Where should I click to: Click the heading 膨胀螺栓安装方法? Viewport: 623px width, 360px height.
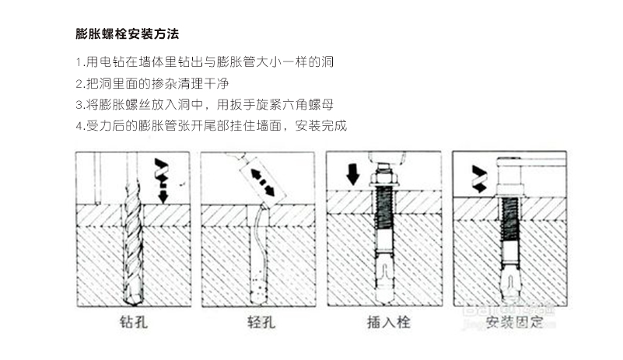pos(128,34)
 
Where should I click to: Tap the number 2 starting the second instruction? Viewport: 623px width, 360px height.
pos(79,82)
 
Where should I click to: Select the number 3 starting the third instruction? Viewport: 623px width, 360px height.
pos(79,103)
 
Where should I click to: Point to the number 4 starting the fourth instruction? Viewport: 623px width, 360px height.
pos(79,124)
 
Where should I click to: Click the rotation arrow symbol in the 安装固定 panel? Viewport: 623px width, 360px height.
pos(479,179)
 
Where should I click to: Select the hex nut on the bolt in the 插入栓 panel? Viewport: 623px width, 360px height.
pos(383,187)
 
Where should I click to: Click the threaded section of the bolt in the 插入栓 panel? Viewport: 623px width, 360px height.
pos(382,214)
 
